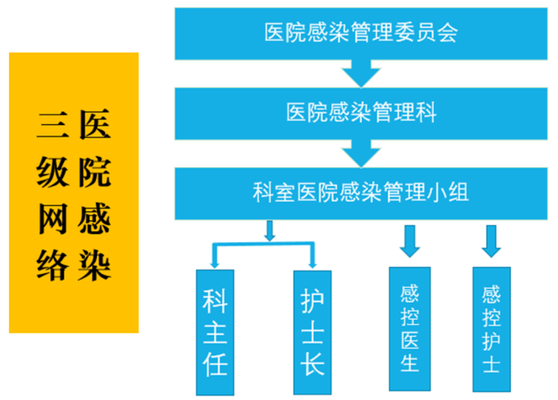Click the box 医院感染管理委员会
[x=361, y=33]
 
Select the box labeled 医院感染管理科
[x=361, y=113]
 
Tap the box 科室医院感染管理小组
[x=361, y=193]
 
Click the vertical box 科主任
[x=215, y=332]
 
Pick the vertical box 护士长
[x=312, y=332]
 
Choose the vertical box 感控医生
[x=410, y=329]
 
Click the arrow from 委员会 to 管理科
[x=361, y=73]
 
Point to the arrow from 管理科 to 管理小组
[x=361, y=153]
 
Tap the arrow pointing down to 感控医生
[x=410, y=241]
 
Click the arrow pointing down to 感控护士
[x=491, y=241]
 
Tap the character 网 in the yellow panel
[x=52, y=220]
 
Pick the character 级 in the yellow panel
[x=52, y=173]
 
